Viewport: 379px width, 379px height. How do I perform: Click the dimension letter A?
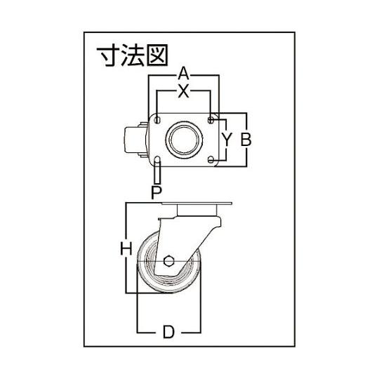(x=183, y=74)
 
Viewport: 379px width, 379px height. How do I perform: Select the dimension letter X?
(x=183, y=92)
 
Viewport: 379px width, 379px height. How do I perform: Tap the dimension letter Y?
(x=227, y=140)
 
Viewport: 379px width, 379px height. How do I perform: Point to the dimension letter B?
(x=246, y=140)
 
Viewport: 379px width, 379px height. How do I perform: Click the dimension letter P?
(x=157, y=192)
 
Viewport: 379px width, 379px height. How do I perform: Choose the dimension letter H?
(x=126, y=248)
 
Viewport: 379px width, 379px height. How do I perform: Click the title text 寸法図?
(x=132, y=56)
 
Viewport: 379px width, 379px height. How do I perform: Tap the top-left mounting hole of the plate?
(x=158, y=120)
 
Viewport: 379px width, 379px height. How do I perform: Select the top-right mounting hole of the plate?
(x=211, y=120)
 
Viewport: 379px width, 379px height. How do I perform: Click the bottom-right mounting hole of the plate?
(x=211, y=159)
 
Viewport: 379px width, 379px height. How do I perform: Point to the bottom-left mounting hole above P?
(x=158, y=159)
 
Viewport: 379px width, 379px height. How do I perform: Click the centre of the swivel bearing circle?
(x=184, y=140)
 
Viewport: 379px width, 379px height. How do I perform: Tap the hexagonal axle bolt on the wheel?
(x=168, y=261)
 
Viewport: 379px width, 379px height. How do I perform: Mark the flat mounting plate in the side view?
(x=197, y=204)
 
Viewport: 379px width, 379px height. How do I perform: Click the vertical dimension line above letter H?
(x=126, y=222)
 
